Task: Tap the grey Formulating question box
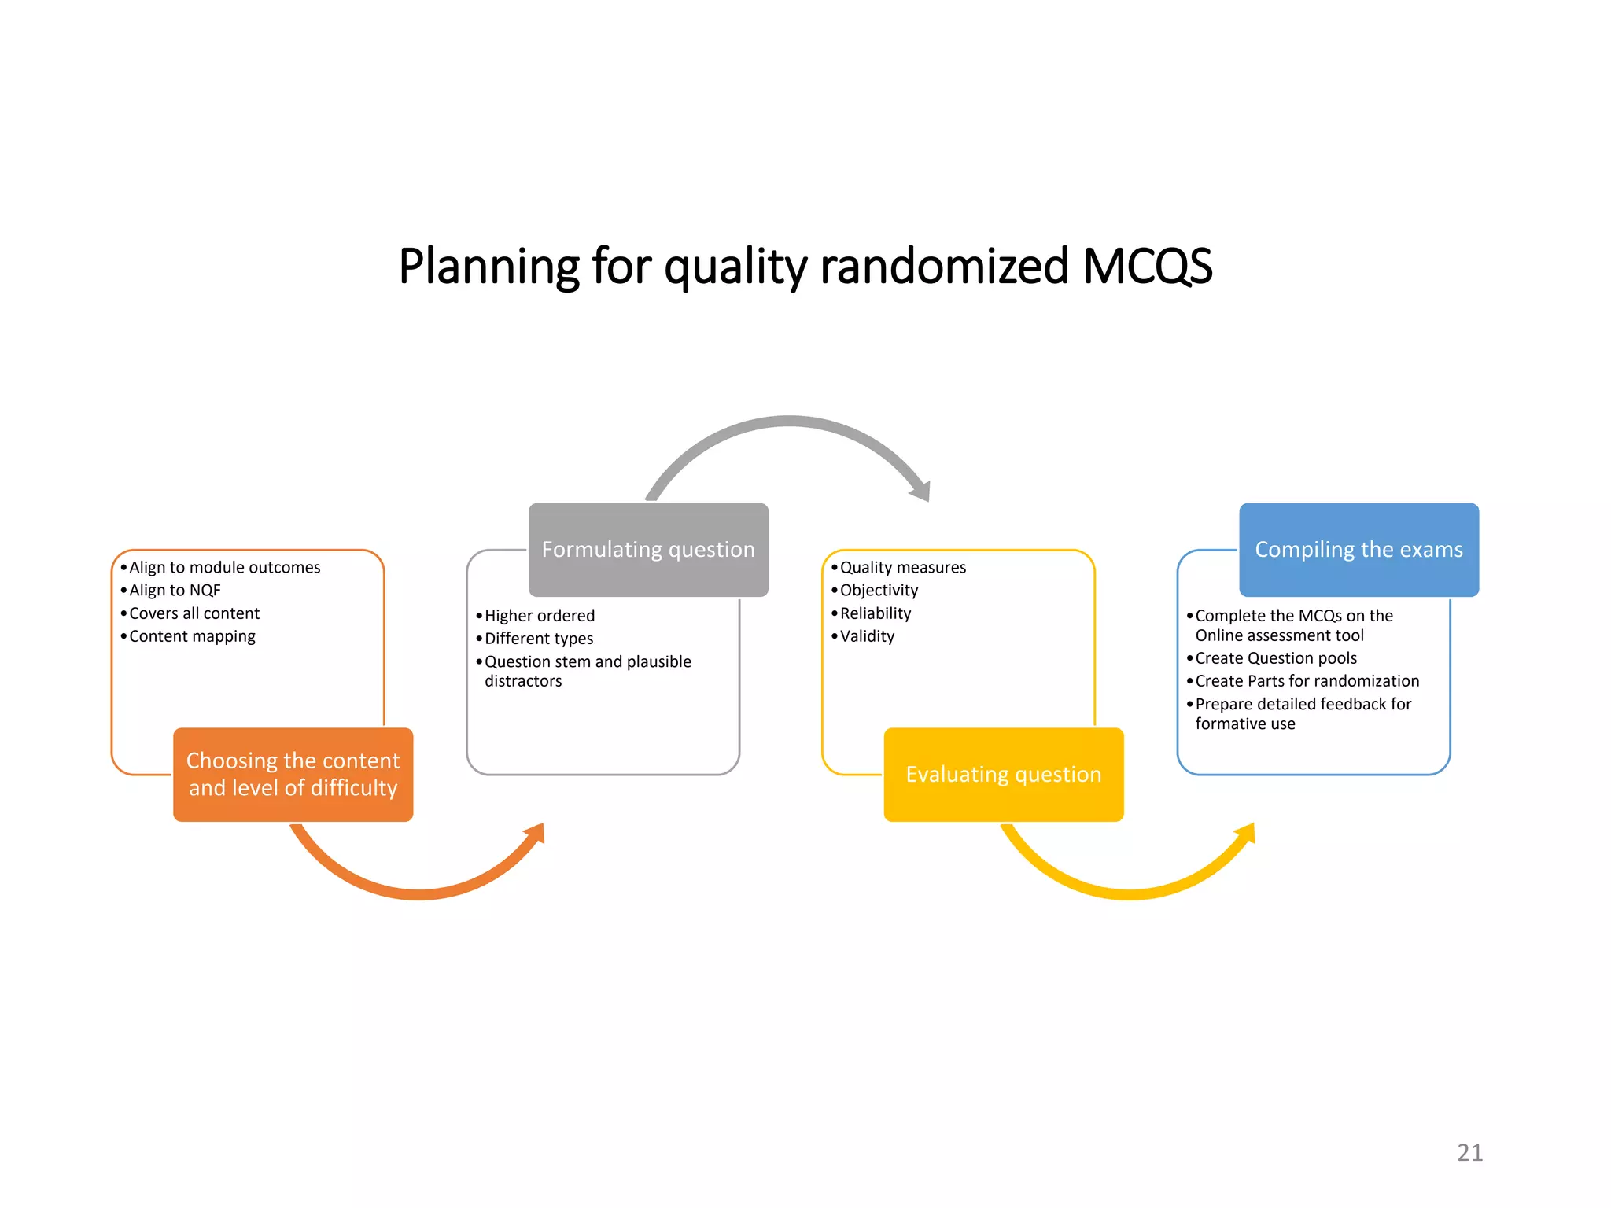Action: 648,550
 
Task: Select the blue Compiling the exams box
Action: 1358,550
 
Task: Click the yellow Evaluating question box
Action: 1003,775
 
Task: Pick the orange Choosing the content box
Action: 293,775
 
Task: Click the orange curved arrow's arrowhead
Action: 536,833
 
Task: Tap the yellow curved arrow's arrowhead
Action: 1247,833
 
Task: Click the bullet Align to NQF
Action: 175,591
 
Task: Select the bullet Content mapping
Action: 192,636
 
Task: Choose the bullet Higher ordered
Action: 540,616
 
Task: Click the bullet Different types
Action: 539,639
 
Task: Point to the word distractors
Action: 523,681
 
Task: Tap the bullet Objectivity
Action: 879,591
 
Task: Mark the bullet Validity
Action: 867,636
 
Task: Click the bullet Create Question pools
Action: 1276,658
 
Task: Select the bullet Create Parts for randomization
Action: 1307,681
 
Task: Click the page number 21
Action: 1469,1152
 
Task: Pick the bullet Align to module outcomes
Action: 224,568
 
